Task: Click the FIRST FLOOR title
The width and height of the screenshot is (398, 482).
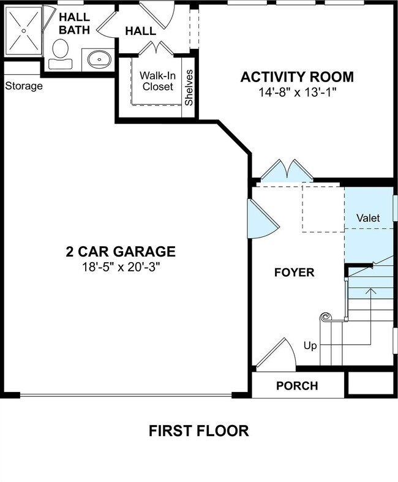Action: click(x=199, y=431)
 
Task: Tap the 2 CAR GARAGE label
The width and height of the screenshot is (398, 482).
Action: click(x=121, y=251)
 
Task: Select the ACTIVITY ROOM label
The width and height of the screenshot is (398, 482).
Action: click(x=297, y=77)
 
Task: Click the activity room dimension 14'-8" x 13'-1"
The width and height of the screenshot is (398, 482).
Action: click(x=297, y=92)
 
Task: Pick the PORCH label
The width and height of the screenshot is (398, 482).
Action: click(x=297, y=386)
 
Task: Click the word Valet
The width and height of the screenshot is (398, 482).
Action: click(x=368, y=218)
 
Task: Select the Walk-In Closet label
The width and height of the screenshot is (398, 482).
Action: click(x=157, y=81)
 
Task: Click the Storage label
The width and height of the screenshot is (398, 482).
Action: click(x=24, y=86)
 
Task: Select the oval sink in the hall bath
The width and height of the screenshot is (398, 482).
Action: click(x=97, y=60)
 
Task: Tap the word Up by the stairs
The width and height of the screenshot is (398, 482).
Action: click(x=310, y=346)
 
